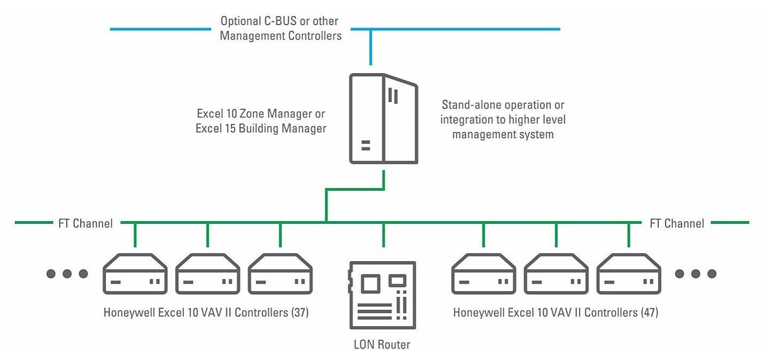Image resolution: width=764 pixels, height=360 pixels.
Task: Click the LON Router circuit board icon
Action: click(383, 295)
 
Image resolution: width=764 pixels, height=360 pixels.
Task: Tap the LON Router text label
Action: click(382, 345)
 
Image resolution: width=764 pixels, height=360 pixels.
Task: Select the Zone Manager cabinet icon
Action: click(384, 119)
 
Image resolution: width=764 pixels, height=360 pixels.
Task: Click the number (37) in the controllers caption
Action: click(300, 312)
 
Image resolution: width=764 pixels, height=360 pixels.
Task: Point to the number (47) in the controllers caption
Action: click(650, 312)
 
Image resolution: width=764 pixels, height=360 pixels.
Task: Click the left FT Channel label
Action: click(85, 224)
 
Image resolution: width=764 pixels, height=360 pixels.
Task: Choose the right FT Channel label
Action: click(677, 224)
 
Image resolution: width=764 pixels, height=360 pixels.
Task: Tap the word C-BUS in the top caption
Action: click(280, 21)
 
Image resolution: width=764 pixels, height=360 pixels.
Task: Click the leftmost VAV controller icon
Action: click(135, 274)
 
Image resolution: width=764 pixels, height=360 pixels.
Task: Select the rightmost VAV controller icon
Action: click(629, 274)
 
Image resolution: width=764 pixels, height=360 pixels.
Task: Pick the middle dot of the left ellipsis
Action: click(67, 273)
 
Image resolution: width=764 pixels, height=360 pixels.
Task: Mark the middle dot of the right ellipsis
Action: click(696, 273)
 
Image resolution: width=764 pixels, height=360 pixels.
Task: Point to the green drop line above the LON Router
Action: click(384, 235)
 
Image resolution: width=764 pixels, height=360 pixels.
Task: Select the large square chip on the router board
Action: click(370, 283)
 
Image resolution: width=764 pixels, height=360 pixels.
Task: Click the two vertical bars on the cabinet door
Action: click(393, 96)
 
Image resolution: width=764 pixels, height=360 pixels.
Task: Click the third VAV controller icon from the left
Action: click(280, 274)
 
